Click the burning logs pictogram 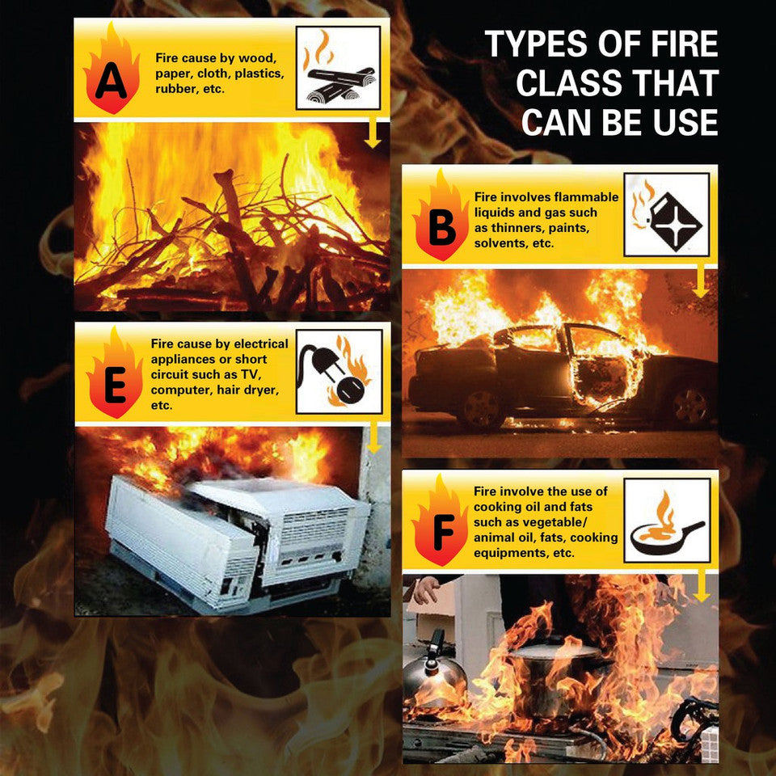point(339,68)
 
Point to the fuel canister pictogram point(667,214)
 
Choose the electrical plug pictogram point(339,372)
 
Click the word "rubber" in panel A point(175,89)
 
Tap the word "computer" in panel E point(182,390)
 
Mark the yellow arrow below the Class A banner point(373,133)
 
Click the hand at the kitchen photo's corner point(425,590)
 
